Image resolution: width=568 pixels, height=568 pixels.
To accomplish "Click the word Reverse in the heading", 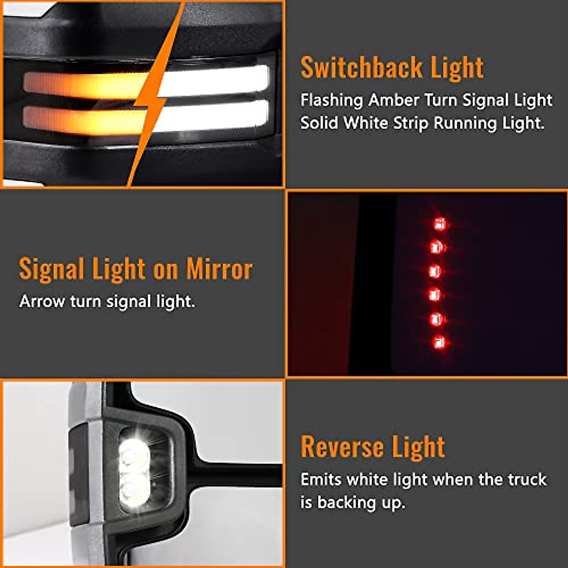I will [x=342, y=447].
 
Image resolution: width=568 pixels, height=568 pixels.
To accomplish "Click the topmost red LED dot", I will [x=440, y=223].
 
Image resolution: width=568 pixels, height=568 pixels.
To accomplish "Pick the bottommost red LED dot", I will [x=439, y=342].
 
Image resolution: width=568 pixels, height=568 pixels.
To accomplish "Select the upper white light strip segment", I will [x=215, y=80].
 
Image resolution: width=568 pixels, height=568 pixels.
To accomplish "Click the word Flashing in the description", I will [x=331, y=100].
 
